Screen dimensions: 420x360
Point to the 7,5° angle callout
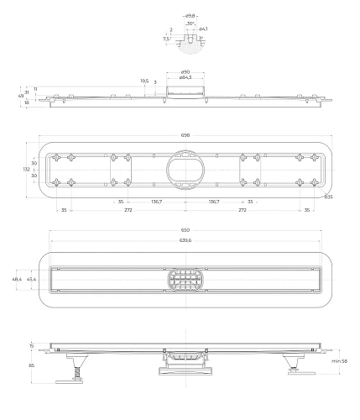tap(167, 39)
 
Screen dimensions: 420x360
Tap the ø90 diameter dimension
tap(185, 71)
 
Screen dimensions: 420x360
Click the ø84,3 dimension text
tap(185, 77)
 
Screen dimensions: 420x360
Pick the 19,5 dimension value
tap(144, 81)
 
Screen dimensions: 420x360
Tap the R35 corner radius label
tap(329, 197)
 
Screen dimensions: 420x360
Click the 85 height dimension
tap(32, 365)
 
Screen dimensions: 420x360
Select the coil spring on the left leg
tap(73, 367)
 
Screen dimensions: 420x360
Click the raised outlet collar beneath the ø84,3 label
tap(184, 90)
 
